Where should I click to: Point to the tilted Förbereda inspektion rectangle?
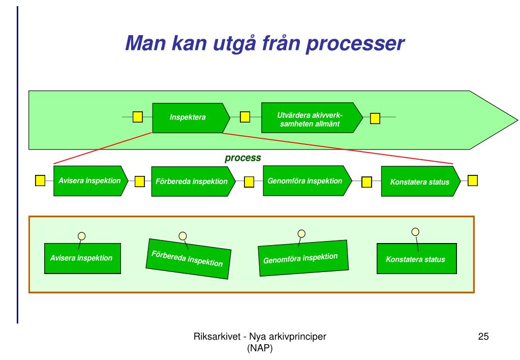(x=189, y=259)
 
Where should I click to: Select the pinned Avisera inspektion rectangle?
(x=82, y=258)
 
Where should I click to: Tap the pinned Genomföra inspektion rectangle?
(x=303, y=258)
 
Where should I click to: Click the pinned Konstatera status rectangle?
(x=416, y=259)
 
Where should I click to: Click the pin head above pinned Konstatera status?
(x=415, y=231)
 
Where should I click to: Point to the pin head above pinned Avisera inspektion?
(x=81, y=236)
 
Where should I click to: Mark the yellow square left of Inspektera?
(x=138, y=117)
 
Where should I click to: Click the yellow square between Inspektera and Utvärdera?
(x=244, y=117)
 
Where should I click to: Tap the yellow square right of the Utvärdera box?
(x=375, y=118)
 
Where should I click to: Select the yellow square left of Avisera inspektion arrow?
(x=40, y=181)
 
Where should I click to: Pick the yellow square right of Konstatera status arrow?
(x=473, y=181)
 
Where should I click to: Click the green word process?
(x=243, y=158)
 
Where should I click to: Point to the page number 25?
(x=483, y=337)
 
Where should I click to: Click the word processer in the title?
(x=355, y=43)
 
